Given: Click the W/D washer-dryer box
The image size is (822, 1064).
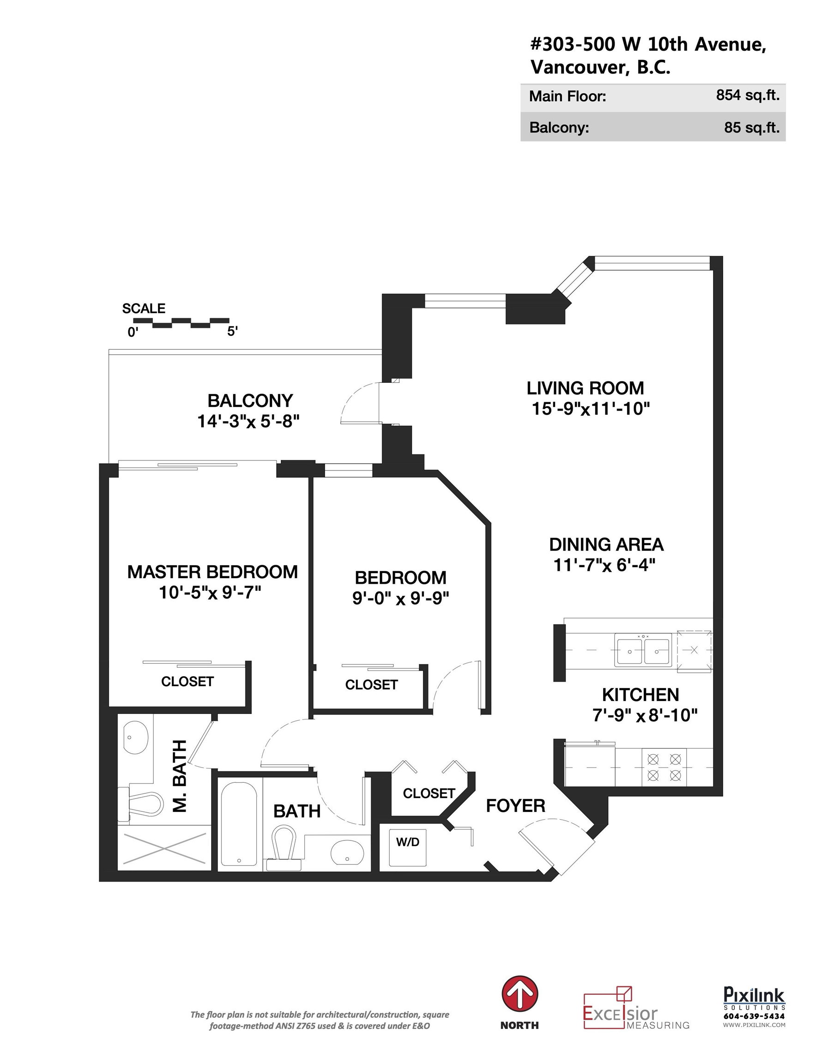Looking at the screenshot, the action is (407, 848).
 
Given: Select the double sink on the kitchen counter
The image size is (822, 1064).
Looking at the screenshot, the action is (643, 649).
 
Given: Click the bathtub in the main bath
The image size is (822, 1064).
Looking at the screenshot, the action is (239, 824).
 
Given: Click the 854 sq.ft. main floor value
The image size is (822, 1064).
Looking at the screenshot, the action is (748, 95).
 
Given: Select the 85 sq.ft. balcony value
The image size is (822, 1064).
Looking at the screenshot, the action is (751, 127).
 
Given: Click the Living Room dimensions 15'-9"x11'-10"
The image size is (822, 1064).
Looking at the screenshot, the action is (591, 409).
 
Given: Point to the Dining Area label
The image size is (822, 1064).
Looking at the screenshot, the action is (606, 544).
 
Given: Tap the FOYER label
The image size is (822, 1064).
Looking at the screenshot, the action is (515, 806).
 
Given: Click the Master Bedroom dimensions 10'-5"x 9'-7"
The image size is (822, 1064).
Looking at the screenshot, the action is (210, 592).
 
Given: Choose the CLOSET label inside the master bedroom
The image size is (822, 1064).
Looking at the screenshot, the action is (187, 681).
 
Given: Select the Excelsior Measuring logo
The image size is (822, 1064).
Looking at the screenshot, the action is (636, 1008).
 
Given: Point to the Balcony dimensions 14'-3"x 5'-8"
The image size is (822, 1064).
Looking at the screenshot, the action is (248, 421).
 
